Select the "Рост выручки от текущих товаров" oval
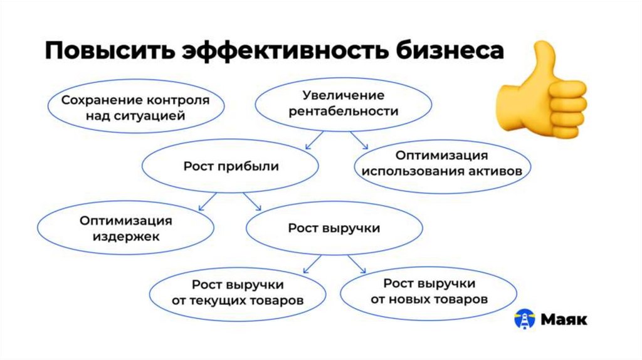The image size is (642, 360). click(x=238, y=292)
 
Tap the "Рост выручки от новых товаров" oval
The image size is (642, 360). click(x=429, y=292)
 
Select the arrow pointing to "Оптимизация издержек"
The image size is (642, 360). click(x=207, y=201)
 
